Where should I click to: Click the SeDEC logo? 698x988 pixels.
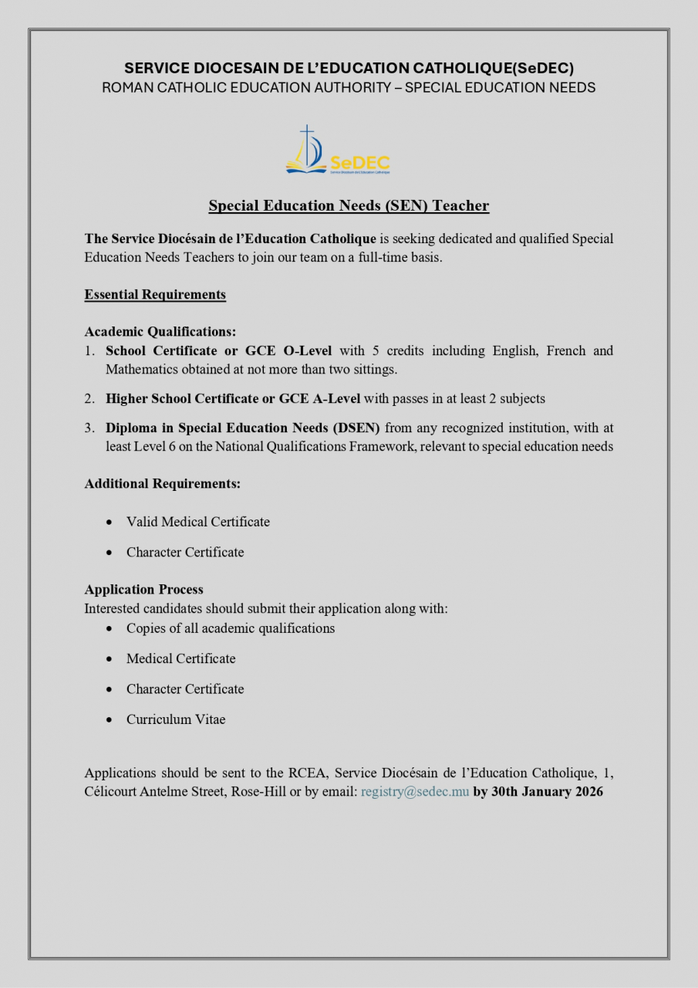tap(337, 151)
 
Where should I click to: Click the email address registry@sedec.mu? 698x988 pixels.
tap(415, 793)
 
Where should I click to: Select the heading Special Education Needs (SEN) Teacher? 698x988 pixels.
tap(349, 205)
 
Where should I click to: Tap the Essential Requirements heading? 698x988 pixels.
tap(155, 294)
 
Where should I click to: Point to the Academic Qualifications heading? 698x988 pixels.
tap(160, 332)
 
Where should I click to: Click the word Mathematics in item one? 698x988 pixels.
tap(144, 370)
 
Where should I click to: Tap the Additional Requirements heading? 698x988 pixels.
tap(163, 484)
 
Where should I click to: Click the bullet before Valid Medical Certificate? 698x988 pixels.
tap(110, 523)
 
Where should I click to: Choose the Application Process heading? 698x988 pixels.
tap(143, 590)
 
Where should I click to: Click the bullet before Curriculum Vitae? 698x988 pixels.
tap(110, 720)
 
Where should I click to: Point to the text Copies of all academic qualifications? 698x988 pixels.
tap(231, 628)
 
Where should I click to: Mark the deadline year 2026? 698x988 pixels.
tap(588, 793)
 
